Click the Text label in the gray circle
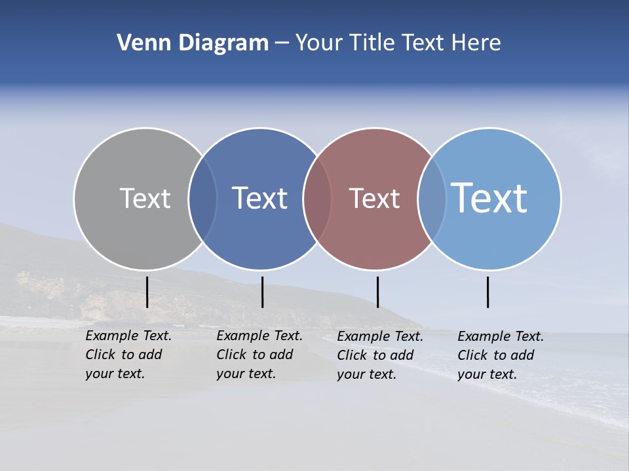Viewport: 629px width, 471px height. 145,198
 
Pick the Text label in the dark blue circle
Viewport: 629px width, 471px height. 260,198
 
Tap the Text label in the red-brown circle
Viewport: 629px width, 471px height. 374,198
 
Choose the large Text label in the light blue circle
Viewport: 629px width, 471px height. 489,198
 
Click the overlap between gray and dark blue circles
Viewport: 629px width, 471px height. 202,199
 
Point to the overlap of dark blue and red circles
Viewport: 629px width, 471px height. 317,199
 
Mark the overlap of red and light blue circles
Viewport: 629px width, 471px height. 432,199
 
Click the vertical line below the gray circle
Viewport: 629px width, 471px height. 147,292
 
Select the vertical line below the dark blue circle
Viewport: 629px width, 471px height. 262,292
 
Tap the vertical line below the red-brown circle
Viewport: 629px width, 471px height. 377,292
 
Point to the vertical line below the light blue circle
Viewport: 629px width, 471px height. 487,292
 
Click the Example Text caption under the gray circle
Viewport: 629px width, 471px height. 128,355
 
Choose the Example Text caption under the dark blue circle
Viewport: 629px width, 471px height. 259,355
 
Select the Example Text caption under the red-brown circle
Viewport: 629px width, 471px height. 380,355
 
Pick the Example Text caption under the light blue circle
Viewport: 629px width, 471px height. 501,355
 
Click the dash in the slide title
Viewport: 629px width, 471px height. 282,44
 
